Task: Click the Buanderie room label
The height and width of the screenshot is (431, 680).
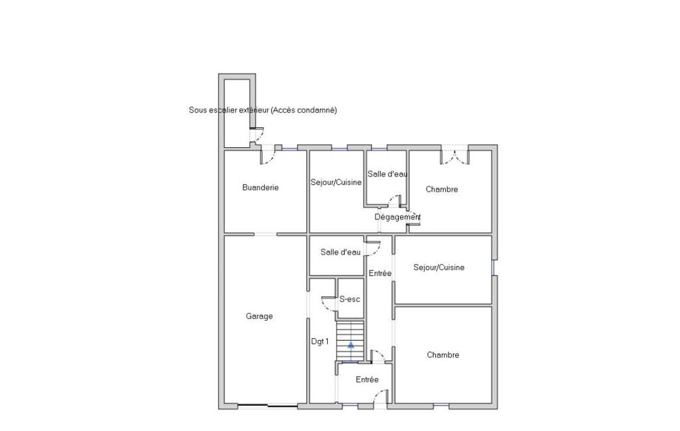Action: (x=260, y=187)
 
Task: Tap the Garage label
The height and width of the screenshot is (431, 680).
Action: (x=259, y=316)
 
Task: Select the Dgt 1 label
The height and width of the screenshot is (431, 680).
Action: (x=320, y=341)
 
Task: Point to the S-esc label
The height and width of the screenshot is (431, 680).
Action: (x=350, y=299)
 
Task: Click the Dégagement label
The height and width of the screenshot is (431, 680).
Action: (x=397, y=217)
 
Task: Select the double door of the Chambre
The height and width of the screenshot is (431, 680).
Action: (x=455, y=157)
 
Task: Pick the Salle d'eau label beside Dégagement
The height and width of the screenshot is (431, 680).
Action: (x=387, y=174)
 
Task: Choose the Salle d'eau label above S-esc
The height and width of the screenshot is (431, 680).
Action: (x=340, y=252)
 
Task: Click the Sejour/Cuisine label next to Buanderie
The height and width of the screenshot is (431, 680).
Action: (x=336, y=182)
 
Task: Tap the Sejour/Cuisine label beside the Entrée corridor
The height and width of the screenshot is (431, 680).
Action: (x=439, y=267)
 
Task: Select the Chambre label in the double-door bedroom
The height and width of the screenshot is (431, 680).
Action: (x=441, y=189)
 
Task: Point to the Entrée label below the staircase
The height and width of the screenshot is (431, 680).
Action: (x=367, y=379)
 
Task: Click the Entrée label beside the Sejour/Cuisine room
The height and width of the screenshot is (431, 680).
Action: (x=380, y=273)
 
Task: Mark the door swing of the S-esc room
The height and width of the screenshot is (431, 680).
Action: (x=329, y=304)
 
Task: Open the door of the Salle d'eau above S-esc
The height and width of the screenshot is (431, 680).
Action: (x=373, y=249)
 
